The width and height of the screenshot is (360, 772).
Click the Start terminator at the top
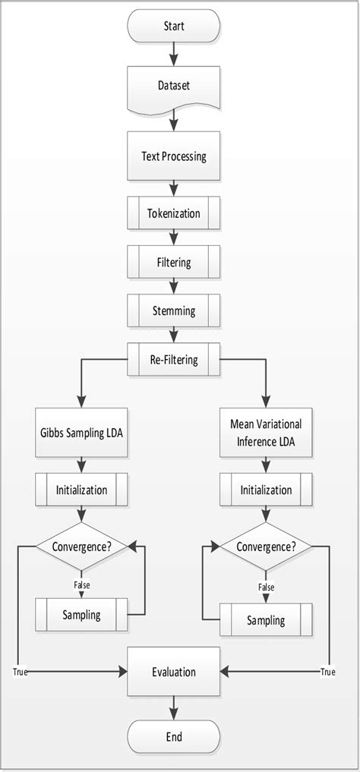(174, 27)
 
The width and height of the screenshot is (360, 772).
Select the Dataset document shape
(174, 87)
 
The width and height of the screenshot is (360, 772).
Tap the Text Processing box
(174, 157)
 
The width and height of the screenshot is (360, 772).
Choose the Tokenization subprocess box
(174, 213)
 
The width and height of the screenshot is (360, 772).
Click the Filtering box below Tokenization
(174, 263)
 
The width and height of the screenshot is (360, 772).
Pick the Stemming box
(174, 310)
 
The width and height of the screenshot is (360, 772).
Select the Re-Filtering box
(174, 359)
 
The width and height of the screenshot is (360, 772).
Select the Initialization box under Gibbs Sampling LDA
(81, 490)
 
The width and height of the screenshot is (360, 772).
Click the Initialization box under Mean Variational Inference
(266, 490)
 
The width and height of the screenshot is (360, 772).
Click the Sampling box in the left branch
(81, 614)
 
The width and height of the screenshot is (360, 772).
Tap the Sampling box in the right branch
(266, 619)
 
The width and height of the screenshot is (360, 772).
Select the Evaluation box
(174, 672)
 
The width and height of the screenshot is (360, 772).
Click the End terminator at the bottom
(174, 736)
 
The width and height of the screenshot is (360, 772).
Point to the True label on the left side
(20, 672)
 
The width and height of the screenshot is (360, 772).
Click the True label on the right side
(327, 672)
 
